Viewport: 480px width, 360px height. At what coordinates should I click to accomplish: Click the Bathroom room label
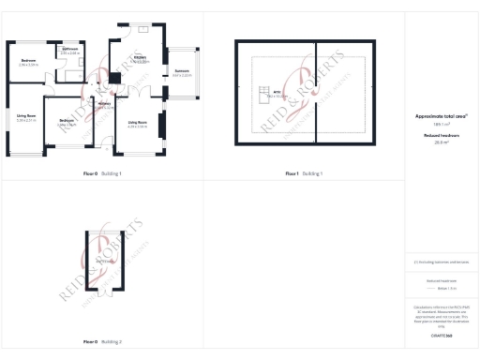70,51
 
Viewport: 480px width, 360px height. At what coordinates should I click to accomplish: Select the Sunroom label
183,72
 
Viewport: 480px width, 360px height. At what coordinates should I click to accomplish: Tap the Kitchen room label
141,59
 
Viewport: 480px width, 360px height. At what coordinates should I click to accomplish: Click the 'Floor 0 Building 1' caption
102,173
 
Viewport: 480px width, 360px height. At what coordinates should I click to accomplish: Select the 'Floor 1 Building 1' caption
304,173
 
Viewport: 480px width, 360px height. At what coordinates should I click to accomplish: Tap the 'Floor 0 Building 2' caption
102,341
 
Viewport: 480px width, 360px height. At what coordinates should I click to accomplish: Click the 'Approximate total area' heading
441,116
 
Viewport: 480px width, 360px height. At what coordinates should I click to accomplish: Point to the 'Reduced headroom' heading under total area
441,136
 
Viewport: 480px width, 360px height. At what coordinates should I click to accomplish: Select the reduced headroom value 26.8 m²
441,142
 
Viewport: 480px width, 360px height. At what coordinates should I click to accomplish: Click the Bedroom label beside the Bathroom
28,62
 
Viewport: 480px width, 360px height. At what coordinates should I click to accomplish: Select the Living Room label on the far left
26,117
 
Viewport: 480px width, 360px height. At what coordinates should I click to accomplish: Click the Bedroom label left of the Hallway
67,122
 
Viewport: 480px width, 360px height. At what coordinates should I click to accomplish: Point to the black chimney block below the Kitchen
115,78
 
